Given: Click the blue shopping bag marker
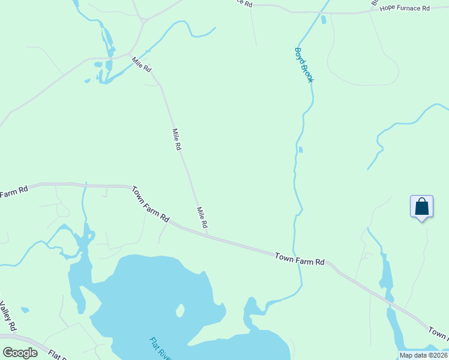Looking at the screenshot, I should pyautogui.click(x=422, y=207).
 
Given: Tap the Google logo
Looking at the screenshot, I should pyautogui.click(x=20, y=353).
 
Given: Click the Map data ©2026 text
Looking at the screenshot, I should pyautogui.click(x=423, y=355).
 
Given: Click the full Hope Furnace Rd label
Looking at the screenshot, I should pyautogui.click(x=405, y=9).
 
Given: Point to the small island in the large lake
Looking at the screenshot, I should pyautogui.click(x=179, y=310).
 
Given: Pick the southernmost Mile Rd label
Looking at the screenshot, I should pyautogui.click(x=202, y=217).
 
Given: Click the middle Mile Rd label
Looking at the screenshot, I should pyautogui.click(x=176, y=139).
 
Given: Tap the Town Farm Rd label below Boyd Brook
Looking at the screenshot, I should pyautogui.click(x=300, y=259).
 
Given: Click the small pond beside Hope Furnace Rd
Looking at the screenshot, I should pyautogui.click(x=324, y=19).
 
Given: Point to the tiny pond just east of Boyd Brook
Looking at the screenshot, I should pyautogui.click(x=301, y=149).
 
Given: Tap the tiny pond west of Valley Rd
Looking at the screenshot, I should pyautogui.click(x=25, y=310).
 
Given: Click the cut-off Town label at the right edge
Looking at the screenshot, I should pyautogui.click(x=439, y=332).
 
